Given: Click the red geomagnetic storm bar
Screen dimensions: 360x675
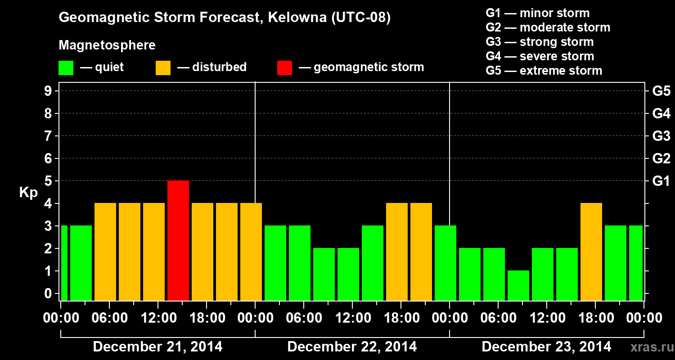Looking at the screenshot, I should point(178,240).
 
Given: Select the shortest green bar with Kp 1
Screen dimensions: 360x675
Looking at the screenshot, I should point(518,285).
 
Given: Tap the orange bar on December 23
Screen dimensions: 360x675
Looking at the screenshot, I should point(591,252).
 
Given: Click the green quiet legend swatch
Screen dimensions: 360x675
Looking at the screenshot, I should point(66,67).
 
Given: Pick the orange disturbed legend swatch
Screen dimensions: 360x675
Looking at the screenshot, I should point(163,67).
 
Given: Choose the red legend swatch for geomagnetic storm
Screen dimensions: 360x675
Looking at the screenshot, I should point(284,67).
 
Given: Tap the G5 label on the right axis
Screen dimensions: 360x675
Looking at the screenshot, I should point(661,91).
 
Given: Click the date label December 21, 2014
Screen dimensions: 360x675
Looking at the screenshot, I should point(157,346).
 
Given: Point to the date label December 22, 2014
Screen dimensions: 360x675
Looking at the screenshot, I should point(352,346).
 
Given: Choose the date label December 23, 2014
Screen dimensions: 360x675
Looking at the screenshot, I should point(546,346).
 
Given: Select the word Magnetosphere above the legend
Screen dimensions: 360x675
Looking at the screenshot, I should point(107,45).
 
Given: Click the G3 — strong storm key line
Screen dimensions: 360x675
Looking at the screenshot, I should point(540,42).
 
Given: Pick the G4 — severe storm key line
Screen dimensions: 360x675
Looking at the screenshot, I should point(540,56).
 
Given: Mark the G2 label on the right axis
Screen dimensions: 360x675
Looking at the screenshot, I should point(661,158).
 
